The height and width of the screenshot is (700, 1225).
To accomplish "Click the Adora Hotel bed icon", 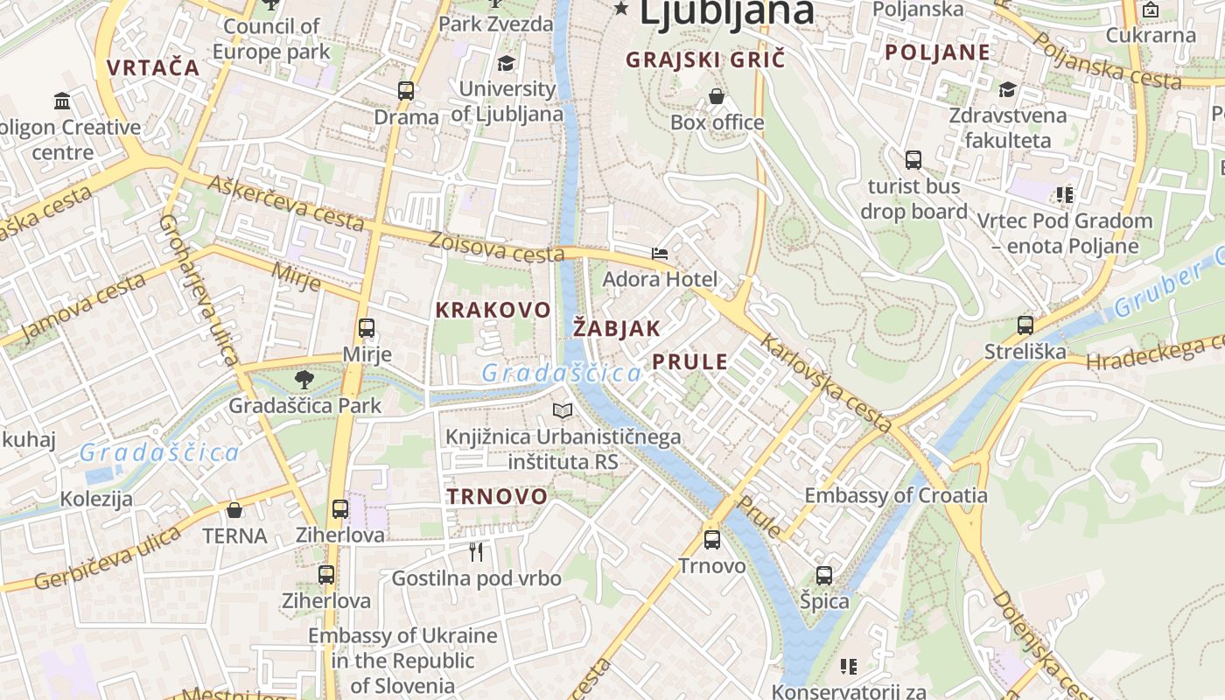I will pyautogui.click(x=660, y=254).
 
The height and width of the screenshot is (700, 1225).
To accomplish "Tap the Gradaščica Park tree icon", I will pyautogui.click(x=304, y=380).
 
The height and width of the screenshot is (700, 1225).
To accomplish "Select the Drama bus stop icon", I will pyautogui.click(x=406, y=90).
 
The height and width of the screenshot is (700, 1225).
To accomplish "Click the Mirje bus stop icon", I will pyautogui.click(x=367, y=329).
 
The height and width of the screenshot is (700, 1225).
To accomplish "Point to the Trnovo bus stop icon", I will pyautogui.click(x=712, y=540).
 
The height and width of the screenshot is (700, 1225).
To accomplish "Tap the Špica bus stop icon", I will pyautogui.click(x=824, y=576).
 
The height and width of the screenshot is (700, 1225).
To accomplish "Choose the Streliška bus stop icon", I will pyautogui.click(x=1025, y=325).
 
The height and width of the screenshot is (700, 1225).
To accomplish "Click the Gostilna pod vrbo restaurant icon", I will pyautogui.click(x=476, y=552).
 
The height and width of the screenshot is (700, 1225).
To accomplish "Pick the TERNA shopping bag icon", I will pyautogui.click(x=234, y=510).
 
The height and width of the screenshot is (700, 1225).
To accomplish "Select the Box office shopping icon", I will pyautogui.click(x=717, y=96).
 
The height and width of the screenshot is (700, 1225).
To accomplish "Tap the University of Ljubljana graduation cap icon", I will pyautogui.click(x=506, y=63).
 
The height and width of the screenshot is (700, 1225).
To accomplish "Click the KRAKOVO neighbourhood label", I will pyautogui.click(x=493, y=310).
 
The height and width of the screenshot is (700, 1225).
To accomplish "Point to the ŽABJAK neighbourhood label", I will pyautogui.click(x=617, y=328).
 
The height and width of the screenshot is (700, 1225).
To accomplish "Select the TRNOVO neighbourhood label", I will pyautogui.click(x=497, y=496).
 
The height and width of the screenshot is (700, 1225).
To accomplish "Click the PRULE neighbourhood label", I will pyautogui.click(x=689, y=361).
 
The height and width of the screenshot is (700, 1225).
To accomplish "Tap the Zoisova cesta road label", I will pyautogui.click(x=496, y=246).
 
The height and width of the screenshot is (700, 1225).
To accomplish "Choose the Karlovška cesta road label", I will pyautogui.click(x=826, y=382).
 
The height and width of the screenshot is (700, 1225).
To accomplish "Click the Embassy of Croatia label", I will pyautogui.click(x=896, y=495).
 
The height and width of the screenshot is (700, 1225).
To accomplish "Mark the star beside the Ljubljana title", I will pyautogui.click(x=622, y=9).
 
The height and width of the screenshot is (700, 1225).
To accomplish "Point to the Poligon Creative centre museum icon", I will pyautogui.click(x=62, y=101).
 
